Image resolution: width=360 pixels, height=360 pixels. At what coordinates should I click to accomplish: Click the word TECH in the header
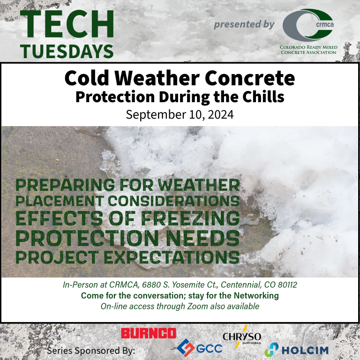tap(67, 24)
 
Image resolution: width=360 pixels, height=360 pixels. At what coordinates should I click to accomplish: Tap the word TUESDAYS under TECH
tap(67, 52)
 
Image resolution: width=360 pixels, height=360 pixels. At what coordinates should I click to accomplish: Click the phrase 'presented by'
tap(244, 24)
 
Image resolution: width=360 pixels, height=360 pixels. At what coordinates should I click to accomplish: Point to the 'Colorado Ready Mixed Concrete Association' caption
tap(308, 50)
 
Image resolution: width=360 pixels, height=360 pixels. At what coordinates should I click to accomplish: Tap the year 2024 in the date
tap(221, 114)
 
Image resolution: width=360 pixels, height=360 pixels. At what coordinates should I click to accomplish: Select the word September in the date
tap(156, 115)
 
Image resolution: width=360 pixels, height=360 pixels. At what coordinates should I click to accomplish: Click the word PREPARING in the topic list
tap(65, 185)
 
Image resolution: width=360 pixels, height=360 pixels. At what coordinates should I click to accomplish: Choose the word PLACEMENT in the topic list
tap(60, 201)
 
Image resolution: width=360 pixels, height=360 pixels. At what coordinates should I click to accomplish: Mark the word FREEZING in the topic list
tap(190, 218)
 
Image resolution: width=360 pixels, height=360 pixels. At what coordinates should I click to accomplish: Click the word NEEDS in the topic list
tap(202, 238)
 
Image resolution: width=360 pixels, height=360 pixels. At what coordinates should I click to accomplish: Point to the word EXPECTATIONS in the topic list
tap(172, 257)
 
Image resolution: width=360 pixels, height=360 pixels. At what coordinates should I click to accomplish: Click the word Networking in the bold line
tap(256, 295)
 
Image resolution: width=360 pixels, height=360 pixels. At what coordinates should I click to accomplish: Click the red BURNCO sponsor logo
tap(149, 333)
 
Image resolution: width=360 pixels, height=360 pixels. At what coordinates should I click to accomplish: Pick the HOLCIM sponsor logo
tap(296, 349)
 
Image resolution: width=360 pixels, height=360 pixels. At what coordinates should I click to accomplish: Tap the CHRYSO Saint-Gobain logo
tap(242, 337)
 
